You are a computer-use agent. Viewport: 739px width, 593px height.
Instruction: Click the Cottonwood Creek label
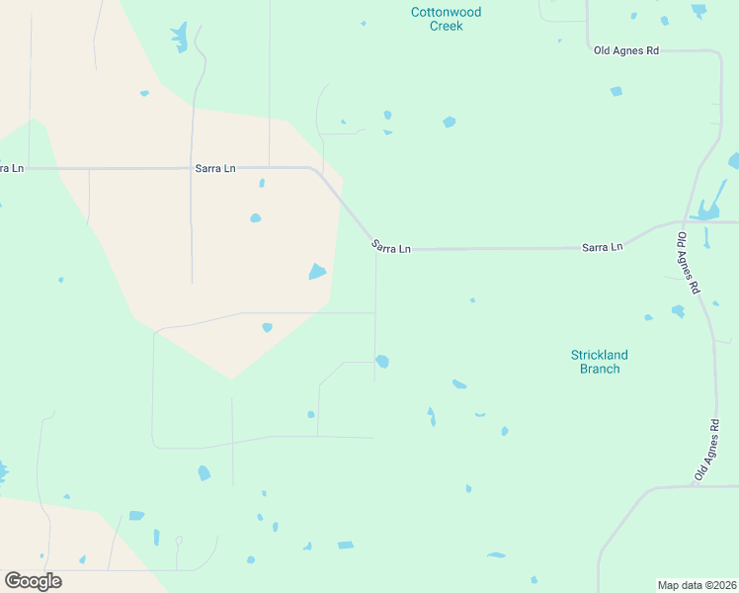click(x=446, y=19)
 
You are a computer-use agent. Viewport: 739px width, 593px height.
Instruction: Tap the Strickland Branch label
click(x=599, y=362)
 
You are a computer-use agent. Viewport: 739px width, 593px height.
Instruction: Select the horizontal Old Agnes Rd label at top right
click(x=625, y=49)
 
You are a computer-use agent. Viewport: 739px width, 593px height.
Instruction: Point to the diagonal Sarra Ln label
click(x=390, y=247)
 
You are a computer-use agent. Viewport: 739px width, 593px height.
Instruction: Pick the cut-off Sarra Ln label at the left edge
click(x=11, y=169)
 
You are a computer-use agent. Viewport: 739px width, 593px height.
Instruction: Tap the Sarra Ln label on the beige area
click(x=215, y=169)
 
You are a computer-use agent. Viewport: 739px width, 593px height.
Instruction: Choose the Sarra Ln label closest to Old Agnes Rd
click(x=602, y=246)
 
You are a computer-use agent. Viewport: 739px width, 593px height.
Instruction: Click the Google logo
click(x=33, y=580)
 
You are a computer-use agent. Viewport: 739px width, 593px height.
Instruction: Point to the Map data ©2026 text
click(x=698, y=585)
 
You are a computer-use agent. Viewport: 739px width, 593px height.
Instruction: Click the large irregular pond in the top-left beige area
click(x=179, y=38)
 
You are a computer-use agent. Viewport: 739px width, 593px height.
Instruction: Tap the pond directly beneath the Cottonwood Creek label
click(x=450, y=123)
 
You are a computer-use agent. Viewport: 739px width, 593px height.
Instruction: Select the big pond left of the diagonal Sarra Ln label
click(x=317, y=271)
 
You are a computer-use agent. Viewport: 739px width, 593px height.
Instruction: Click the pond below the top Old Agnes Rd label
click(x=616, y=91)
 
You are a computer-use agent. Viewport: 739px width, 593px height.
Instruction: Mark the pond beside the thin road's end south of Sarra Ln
click(x=382, y=362)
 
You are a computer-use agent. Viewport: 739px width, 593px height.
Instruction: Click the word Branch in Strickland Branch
click(x=599, y=369)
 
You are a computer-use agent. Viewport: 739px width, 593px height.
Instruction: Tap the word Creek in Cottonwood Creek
click(x=446, y=26)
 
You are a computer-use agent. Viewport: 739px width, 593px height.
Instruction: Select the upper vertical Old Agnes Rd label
click(x=688, y=262)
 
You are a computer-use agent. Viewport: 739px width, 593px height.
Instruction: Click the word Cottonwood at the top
click(x=446, y=12)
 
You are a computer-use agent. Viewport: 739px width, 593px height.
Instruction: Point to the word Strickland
click(x=599, y=355)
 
